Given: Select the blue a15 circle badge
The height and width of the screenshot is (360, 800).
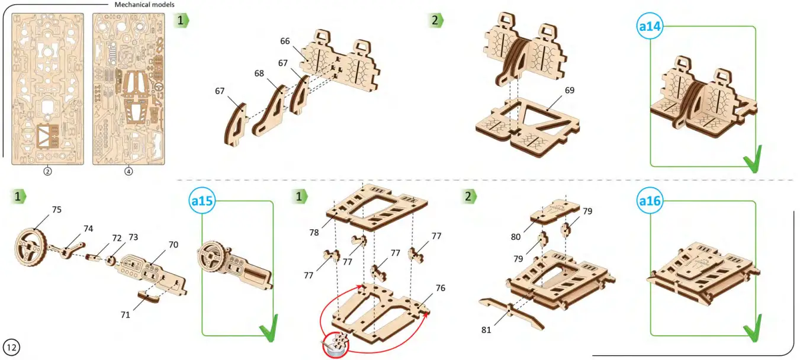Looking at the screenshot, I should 203,201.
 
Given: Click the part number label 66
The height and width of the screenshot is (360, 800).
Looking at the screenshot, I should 285,41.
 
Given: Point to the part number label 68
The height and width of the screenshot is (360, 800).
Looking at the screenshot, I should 259,73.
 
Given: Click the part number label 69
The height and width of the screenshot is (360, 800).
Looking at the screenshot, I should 570,91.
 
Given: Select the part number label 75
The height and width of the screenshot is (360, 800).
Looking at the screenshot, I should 56,210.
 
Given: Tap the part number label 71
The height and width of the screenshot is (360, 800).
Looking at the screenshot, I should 125,314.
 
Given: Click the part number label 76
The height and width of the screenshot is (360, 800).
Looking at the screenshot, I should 440,288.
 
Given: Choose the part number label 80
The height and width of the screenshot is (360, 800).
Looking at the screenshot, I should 516,237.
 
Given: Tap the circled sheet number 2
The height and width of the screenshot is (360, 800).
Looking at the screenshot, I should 48,172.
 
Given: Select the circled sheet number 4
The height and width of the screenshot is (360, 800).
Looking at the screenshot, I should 128,172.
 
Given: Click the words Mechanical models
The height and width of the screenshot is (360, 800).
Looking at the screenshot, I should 144,5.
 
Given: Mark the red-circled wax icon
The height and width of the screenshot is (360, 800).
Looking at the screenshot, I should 337,344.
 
